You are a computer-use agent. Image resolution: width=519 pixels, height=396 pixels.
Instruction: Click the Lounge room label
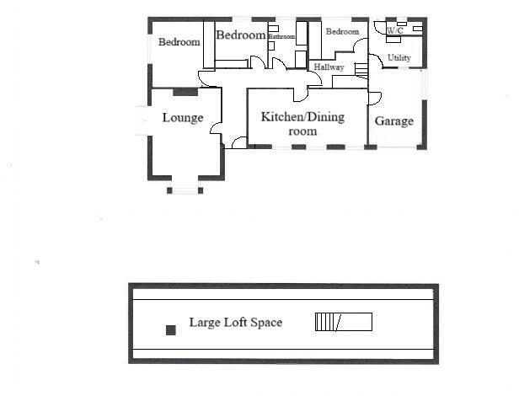pos(183,118)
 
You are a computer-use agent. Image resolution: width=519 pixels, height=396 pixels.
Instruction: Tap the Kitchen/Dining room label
pos(302,124)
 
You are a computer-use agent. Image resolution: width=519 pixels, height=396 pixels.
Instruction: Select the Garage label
pos(394,121)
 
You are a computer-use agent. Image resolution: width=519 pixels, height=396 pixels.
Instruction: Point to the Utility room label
pos(399,58)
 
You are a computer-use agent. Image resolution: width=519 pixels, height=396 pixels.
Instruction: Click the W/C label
pos(394,31)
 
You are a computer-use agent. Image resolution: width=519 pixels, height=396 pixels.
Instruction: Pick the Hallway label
pos(329,67)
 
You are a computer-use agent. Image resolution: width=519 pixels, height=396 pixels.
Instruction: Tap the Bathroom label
pos(281,37)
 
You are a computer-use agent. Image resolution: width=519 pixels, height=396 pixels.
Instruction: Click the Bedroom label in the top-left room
pos(179,43)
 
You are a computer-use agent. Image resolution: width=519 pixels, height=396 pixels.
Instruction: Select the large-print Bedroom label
pos(242,35)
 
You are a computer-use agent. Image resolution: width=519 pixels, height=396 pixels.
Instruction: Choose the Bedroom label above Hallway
pos(342,32)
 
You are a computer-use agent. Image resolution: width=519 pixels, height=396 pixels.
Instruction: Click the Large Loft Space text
pos(235,323)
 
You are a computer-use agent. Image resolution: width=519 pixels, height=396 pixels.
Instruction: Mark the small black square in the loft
pos(171,330)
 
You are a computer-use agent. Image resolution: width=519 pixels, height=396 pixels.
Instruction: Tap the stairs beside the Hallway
pos(361,70)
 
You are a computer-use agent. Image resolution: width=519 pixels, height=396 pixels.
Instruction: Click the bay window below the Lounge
pos(185,187)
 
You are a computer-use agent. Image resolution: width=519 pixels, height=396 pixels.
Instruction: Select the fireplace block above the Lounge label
pos(185,92)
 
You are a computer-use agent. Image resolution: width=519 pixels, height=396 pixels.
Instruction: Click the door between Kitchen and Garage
pos(374,99)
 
